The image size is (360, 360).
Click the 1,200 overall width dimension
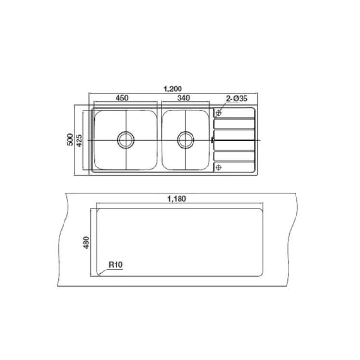pyautogui.click(x=173, y=89)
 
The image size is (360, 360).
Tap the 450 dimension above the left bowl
pyautogui.click(x=122, y=98)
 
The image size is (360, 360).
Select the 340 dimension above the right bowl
pyautogui.click(x=184, y=98)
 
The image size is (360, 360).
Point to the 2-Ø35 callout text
pyautogui.click(x=237, y=99)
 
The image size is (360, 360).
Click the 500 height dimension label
pyautogui.click(x=70, y=140)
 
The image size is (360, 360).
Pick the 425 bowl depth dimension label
pyautogui.click(x=79, y=141)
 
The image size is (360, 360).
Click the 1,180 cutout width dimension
pyautogui.click(x=177, y=199)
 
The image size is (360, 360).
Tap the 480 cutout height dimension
pyautogui.click(x=86, y=243)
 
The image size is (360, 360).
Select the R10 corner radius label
pyautogui.click(x=116, y=265)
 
